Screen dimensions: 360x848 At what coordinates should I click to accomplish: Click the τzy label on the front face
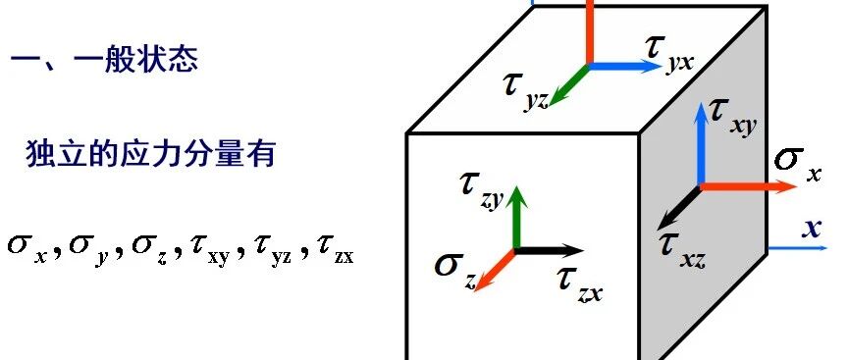pyautogui.click(x=482, y=187)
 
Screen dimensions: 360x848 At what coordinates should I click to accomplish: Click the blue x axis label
pyautogui.click(x=811, y=229)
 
